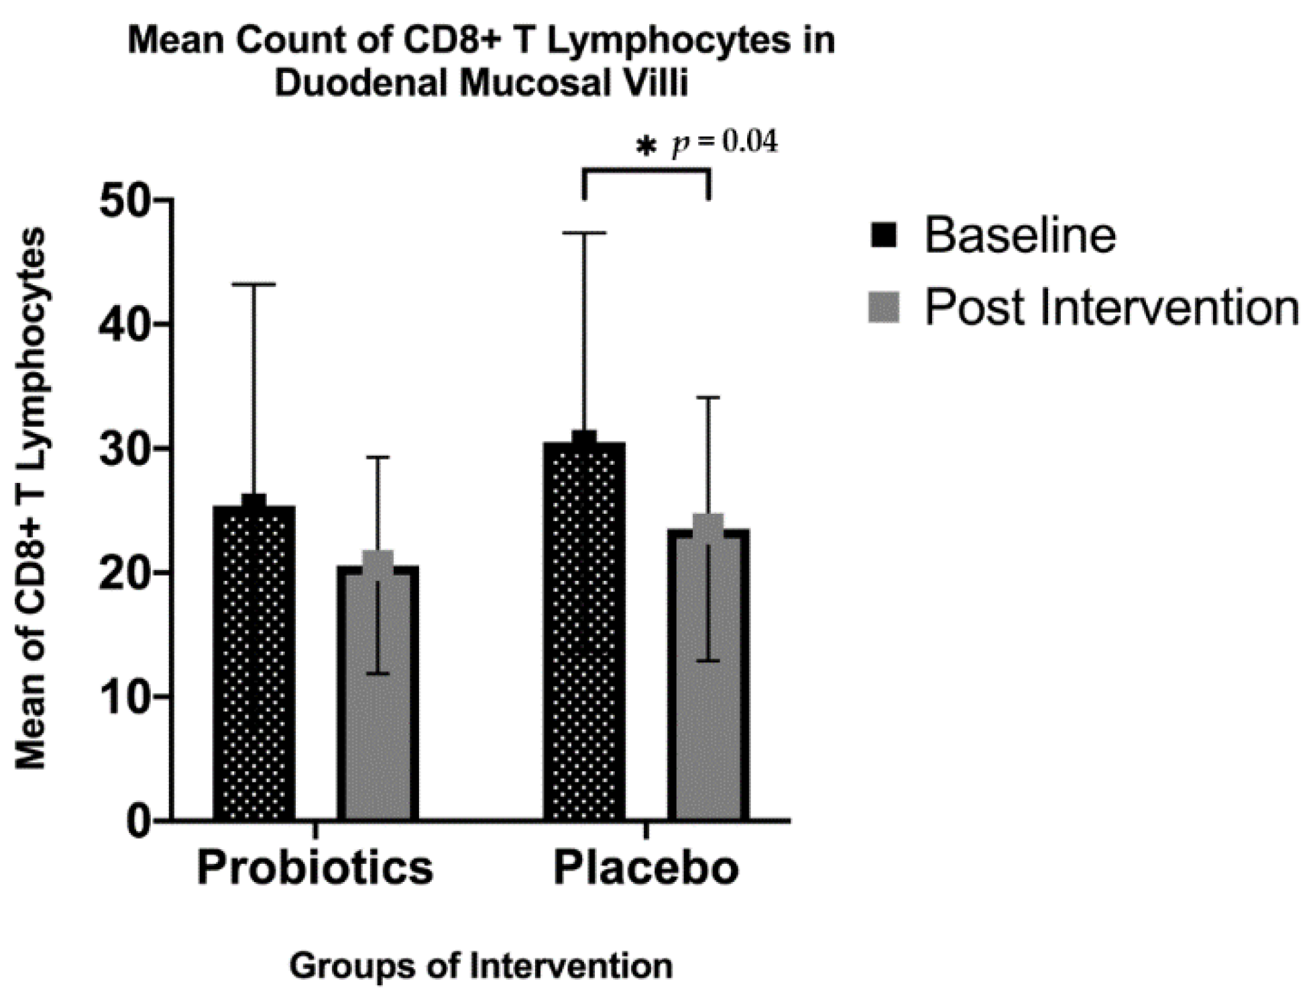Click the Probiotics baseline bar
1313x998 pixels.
click(254, 664)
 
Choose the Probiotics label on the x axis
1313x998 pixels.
click(315, 868)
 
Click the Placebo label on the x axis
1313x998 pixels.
click(646, 868)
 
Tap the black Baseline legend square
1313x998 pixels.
click(883, 235)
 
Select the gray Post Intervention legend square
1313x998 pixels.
click(883, 307)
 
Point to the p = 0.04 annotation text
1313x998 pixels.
click(725, 143)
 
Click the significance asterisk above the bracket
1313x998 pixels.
click(646, 146)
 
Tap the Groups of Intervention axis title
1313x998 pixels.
click(481, 966)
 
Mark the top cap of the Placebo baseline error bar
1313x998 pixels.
click(584, 233)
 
